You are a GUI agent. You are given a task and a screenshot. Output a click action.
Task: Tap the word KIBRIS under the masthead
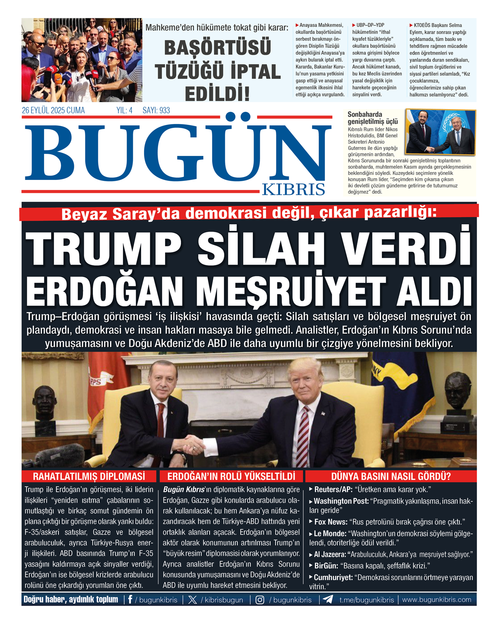[293, 189]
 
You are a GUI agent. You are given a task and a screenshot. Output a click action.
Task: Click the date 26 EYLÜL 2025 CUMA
[53, 110]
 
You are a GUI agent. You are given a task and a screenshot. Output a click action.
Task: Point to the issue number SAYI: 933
[156, 110]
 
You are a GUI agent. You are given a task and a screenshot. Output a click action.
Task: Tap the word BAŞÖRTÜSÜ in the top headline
[217, 48]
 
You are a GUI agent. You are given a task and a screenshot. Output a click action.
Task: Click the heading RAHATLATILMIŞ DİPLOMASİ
[89, 476]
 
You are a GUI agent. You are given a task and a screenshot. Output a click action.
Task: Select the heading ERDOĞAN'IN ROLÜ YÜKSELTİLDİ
[231, 476]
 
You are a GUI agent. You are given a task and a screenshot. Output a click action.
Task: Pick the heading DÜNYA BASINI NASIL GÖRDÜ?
[391, 476]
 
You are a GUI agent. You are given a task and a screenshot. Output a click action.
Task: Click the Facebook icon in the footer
[130, 600]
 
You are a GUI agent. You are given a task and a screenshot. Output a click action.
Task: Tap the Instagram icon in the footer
[260, 600]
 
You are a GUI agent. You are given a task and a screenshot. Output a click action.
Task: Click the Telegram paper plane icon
[328, 600]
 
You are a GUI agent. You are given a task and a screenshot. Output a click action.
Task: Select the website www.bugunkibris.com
[437, 600]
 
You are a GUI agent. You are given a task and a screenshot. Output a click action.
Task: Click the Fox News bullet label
[331, 522]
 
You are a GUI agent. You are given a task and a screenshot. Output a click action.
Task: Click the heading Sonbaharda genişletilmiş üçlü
[372, 118]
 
